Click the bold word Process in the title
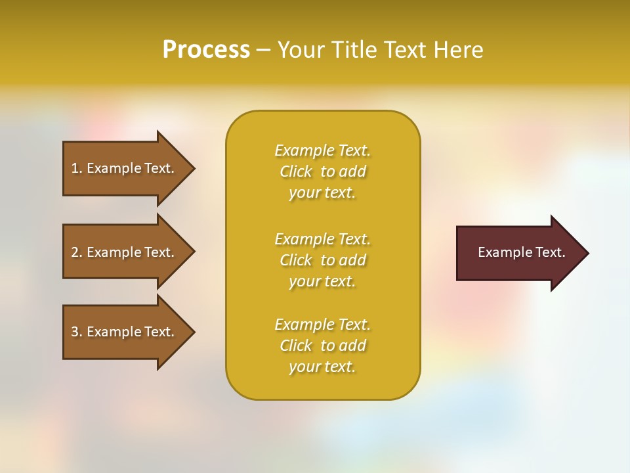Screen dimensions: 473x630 [x=206, y=49]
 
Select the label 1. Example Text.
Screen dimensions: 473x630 [x=122, y=168]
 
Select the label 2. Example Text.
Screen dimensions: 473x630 [x=122, y=252]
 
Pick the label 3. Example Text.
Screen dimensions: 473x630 [x=122, y=332]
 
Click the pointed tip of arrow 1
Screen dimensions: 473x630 [x=194, y=168]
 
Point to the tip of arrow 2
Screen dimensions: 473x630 [x=194, y=252]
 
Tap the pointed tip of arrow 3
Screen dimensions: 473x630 [x=194, y=332]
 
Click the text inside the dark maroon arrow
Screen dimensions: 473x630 [x=521, y=252]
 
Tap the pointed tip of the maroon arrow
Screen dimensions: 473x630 [x=587, y=253]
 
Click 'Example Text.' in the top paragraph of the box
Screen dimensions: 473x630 [x=322, y=150]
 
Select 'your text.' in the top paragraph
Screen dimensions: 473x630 [x=322, y=193]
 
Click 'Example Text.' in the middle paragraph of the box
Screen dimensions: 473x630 [x=322, y=239]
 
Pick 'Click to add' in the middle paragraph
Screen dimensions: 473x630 [x=322, y=260]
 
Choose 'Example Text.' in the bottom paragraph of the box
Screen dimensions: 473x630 [x=322, y=325]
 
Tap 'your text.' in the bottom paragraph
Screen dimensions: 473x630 [x=322, y=367]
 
